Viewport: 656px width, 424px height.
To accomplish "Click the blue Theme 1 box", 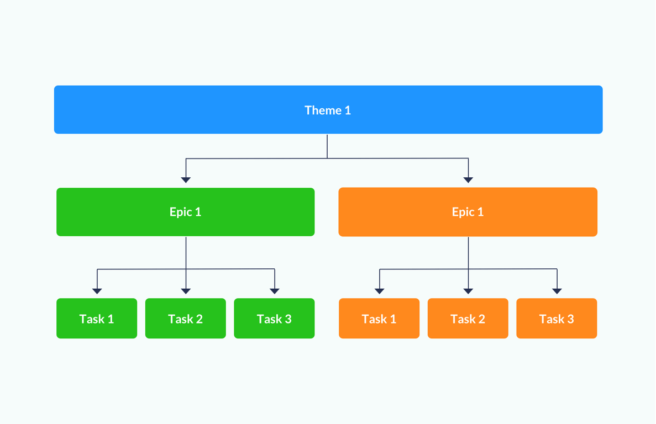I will coord(328,109).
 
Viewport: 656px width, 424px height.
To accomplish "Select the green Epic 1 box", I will coord(185,212).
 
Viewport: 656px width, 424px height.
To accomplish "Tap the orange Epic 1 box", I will coord(468,212).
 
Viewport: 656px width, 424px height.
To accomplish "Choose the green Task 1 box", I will coord(97,319).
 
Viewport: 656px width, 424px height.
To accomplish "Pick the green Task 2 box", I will coord(185,319).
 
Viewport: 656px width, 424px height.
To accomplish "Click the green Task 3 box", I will coord(274,319).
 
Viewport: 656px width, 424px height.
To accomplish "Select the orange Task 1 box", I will coord(379,319).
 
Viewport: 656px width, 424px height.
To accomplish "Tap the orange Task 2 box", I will coord(468,319).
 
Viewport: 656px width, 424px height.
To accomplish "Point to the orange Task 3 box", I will coord(557,319).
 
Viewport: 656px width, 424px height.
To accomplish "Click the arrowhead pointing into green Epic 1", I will coord(186,180).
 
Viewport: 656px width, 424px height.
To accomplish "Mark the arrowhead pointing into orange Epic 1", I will coord(468,180).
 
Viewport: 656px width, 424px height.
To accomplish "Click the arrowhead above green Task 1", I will coord(97,291).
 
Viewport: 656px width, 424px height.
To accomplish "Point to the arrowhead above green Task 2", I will coord(186,291).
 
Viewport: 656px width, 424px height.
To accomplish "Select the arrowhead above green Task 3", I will coord(275,291).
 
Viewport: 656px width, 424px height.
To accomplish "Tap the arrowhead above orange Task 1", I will coord(380,291).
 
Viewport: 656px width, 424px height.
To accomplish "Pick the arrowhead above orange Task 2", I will coord(468,291).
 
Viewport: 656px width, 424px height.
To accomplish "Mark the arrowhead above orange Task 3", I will coord(557,291).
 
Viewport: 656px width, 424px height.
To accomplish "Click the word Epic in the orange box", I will coord(462,213).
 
